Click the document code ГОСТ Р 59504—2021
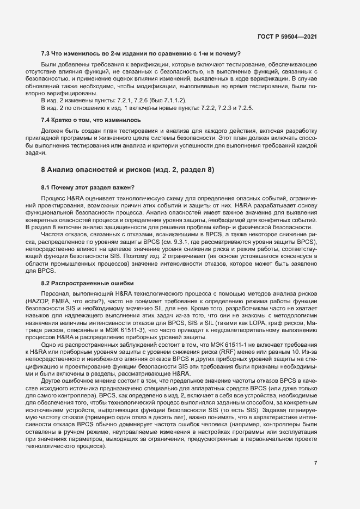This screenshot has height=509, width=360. [x=288, y=37]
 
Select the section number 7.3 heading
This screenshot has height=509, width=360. [x=47, y=53]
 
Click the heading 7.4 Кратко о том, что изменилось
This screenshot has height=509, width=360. [x=91, y=120]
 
